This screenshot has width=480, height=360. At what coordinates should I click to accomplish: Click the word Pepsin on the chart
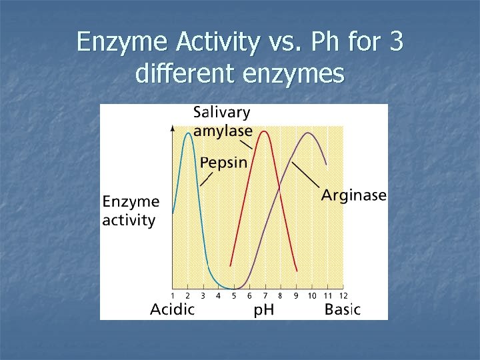point(223,162)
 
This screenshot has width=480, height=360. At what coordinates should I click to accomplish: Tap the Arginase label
point(353,195)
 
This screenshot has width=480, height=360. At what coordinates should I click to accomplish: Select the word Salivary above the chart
point(222,113)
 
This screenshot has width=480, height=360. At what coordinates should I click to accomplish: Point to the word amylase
point(223,131)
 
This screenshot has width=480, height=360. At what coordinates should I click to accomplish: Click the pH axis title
point(265,310)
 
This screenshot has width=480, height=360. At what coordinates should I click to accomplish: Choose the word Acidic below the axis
point(172,309)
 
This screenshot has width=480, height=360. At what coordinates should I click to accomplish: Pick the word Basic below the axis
point(342,309)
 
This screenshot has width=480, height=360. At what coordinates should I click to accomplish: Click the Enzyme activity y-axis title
point(131,211)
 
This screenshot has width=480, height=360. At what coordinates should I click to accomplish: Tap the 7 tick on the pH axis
point(265,295)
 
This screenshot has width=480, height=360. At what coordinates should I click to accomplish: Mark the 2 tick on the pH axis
point(188,295)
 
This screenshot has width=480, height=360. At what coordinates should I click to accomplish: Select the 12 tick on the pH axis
point(343,295)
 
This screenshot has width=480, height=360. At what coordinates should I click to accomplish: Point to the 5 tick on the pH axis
point(234,295)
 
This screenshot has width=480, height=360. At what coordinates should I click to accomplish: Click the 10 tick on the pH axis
point(311,295)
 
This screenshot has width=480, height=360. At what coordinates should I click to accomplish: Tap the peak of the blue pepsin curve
point(189,134)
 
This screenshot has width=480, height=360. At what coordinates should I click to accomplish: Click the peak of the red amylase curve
point(265,131)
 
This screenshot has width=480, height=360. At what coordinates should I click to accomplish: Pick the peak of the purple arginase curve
point(308,133)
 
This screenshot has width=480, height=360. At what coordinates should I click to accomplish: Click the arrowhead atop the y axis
point(173,127)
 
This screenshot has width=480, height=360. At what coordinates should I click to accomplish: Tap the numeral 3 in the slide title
point(395,43)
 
